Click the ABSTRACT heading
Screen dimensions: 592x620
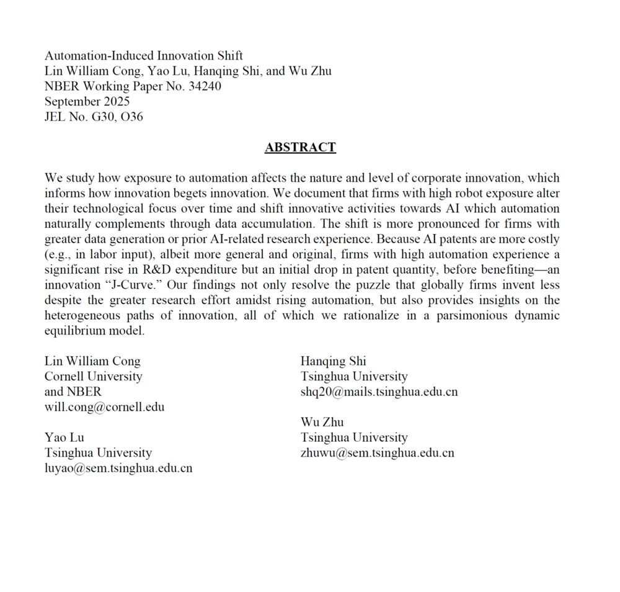tap(300, 148)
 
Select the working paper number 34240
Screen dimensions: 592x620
tap(205, 86)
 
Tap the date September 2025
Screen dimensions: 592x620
tap(87, 101)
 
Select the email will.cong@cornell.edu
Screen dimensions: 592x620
tap(104, 407)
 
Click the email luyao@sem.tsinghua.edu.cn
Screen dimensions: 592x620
tap(118, 468)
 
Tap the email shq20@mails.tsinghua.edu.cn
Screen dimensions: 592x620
tap(379, 392)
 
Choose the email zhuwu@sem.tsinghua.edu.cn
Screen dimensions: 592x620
tap(377, 453)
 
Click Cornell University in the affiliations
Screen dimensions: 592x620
tap(93, 376)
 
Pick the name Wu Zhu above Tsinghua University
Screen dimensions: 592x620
tap(322, 422)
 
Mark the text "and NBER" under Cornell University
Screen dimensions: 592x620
tap(73, 392)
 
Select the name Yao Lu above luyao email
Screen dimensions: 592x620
tap(64, 437)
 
